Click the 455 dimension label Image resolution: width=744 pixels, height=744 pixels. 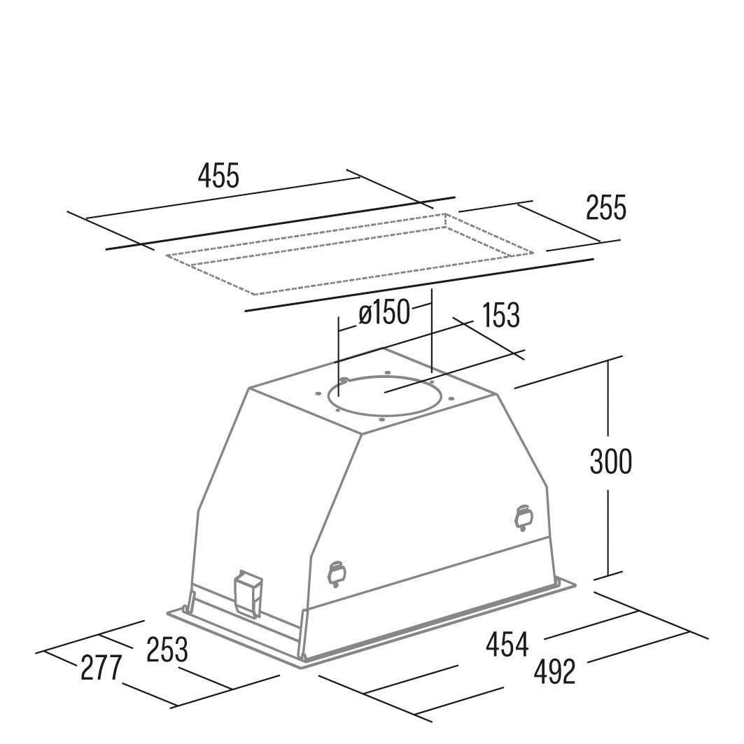tap(219, 176)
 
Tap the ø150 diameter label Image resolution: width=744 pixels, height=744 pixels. tap(384, 313)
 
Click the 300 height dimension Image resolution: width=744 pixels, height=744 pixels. tap(611, 461)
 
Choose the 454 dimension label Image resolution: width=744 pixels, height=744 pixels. tap(507, 645)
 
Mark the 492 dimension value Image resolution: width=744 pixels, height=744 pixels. tap(554, 671)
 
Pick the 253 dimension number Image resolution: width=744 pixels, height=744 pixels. tap(167, 650)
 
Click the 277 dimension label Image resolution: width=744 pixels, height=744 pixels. tap(101, 668)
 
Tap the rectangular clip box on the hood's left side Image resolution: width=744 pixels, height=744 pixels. tap(249, 593)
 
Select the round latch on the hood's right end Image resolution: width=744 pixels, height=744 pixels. tap(524, 517)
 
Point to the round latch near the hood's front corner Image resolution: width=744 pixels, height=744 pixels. tap(336, 573)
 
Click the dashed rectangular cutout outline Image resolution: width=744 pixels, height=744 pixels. tap(350, 254)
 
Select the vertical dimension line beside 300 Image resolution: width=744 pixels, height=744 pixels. tap(608, 468)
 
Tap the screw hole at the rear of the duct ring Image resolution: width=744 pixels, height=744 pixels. tap(388, 372)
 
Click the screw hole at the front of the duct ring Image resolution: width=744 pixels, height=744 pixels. tap(381, 419)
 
